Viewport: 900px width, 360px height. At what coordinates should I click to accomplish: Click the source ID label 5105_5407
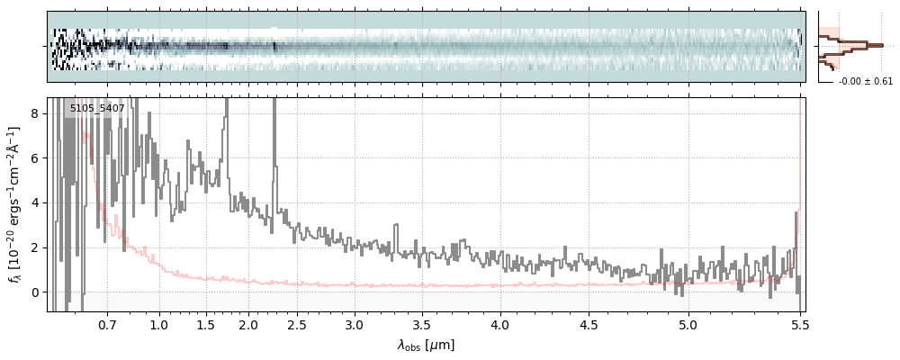pyautogui.click(x=97, y=108)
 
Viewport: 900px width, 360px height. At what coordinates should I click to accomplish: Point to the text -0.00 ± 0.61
pyautogui.click(x=866, y=82)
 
